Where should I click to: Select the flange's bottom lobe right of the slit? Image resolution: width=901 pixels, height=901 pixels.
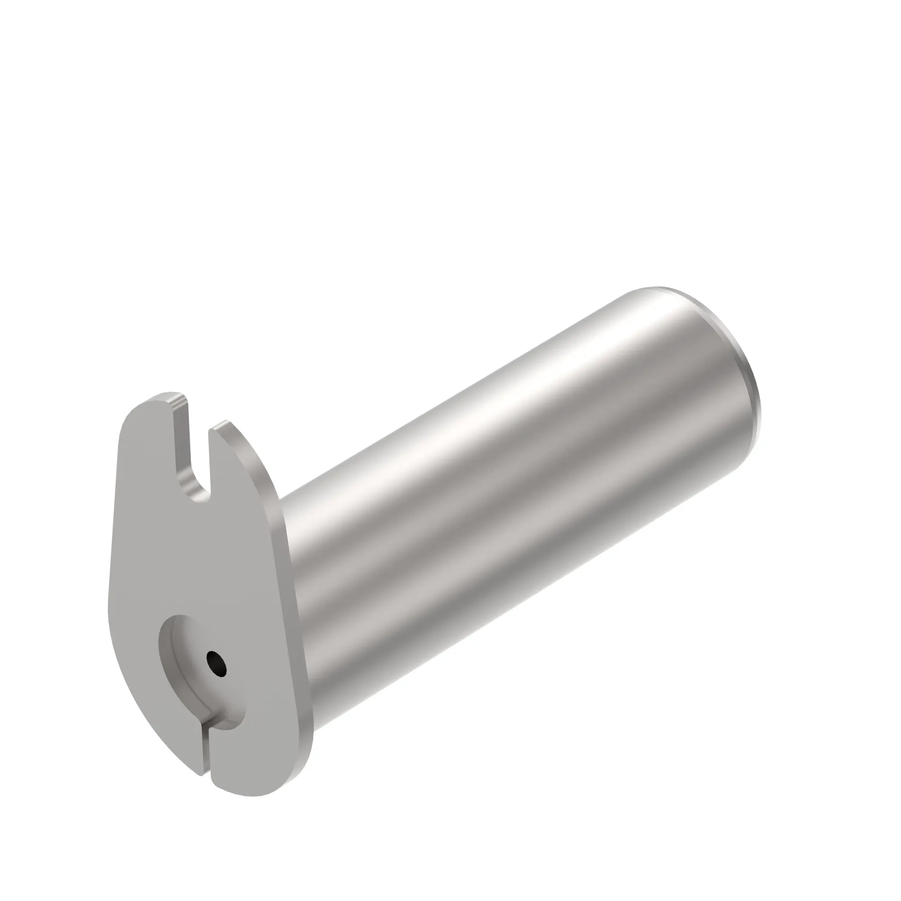tap(252, 765)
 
